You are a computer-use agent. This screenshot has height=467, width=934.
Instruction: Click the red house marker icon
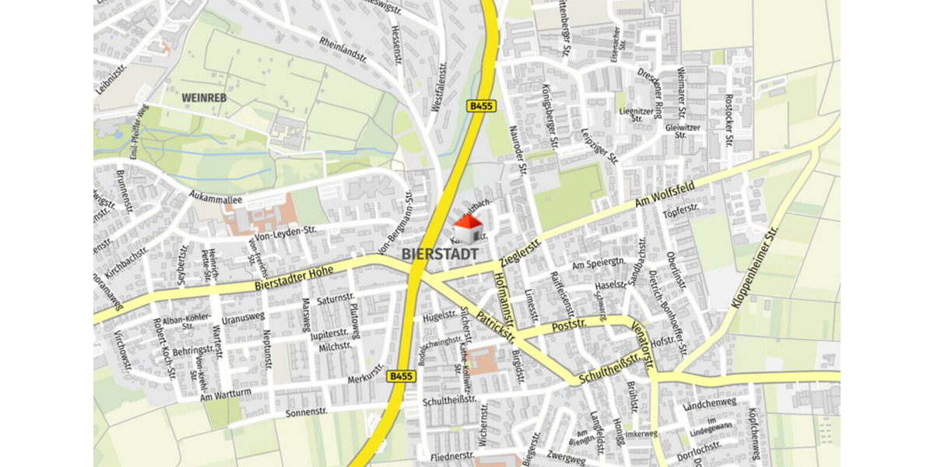point(468,228)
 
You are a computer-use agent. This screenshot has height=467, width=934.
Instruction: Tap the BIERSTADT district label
point(441,254)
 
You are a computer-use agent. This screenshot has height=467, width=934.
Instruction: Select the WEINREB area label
point(203,99)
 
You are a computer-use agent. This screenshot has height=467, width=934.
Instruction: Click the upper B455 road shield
point(479,106)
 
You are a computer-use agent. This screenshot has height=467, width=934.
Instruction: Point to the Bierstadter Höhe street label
point(293,278)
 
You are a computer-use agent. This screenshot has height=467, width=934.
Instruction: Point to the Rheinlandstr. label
point(342,52)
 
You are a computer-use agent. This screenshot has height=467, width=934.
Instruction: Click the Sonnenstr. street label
point(307,410)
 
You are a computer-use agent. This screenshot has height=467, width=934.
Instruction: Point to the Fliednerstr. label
point(451,455)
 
